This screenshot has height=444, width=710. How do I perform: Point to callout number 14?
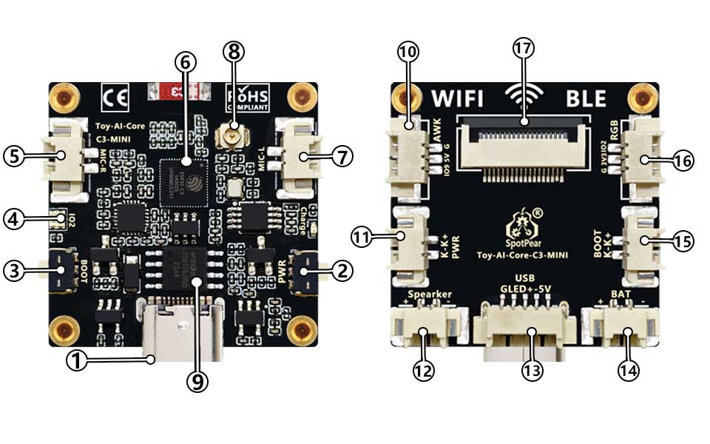[x=629, y=368]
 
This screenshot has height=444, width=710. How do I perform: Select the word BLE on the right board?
[x=584, y=98]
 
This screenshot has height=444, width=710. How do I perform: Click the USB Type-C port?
[x=180, y=329]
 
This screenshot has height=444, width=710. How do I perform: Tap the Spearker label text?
[x=430, y=294]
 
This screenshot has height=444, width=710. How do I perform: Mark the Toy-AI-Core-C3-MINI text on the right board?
[x=522, y=255]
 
